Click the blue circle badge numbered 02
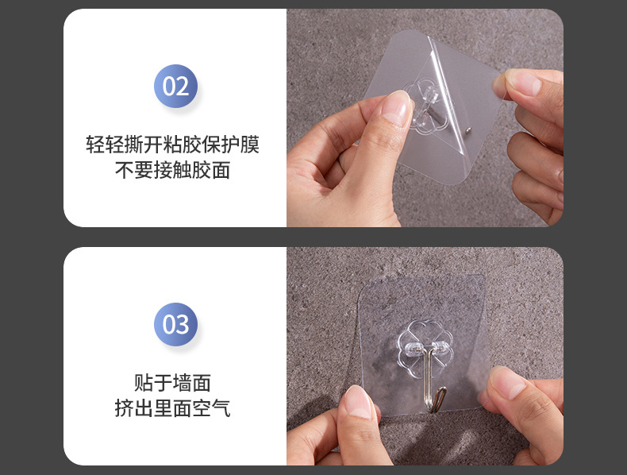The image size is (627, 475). pos(175,86)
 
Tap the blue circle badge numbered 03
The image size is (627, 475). pos(175,324)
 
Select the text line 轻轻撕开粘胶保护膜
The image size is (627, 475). pos(172,145)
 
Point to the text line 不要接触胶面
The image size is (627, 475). pos(172,170)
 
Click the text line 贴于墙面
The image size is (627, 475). pos(172,383)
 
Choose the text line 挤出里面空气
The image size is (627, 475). pos(172,408)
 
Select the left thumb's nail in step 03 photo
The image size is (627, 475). pos(359,401)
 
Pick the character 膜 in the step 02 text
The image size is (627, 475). pos(249,145)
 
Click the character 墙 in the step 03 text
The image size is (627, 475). pos(182,383)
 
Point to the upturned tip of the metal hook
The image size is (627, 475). pos(446,389)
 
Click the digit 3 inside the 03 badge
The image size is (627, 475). pos(183,324)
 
